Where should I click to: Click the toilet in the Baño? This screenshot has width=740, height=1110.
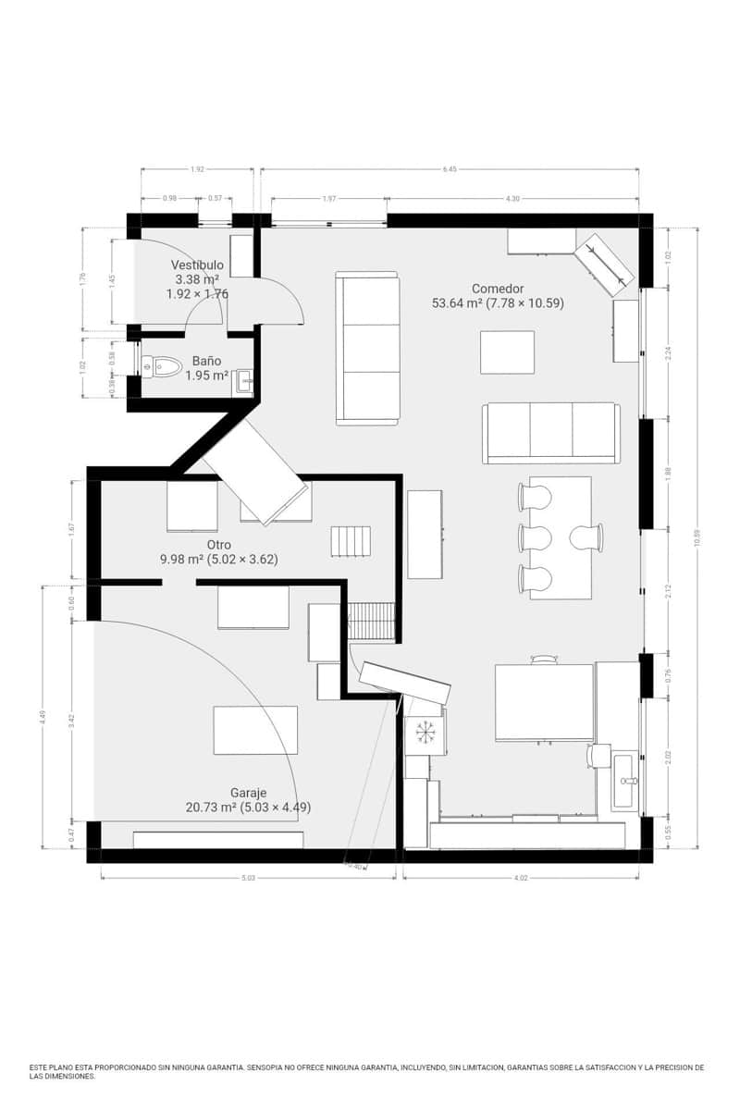point(162,366)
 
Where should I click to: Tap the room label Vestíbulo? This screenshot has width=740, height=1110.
point(196,265)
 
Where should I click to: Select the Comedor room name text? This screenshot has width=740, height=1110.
point(498,289)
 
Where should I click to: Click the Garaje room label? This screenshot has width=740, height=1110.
point(248,793)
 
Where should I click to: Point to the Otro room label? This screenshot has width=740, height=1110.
point(218,545)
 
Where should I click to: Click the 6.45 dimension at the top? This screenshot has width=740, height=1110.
point(450,169)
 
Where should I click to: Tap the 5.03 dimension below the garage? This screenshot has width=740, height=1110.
point(248,878)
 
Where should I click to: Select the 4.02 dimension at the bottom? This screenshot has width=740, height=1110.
point(520,878)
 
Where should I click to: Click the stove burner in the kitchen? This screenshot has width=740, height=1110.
point(425,732)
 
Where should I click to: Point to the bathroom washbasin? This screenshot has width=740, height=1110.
point(244,380)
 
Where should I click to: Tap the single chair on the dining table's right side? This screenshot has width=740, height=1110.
point(586,537)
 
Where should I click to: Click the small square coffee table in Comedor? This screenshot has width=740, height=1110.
point(507,352)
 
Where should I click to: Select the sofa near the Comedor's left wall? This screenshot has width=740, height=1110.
point(366,348)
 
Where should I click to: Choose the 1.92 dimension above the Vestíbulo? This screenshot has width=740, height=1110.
point(197,169)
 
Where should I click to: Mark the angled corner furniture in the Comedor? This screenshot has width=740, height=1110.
point(605,264)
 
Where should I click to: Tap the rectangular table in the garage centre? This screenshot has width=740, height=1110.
point(255,730)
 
